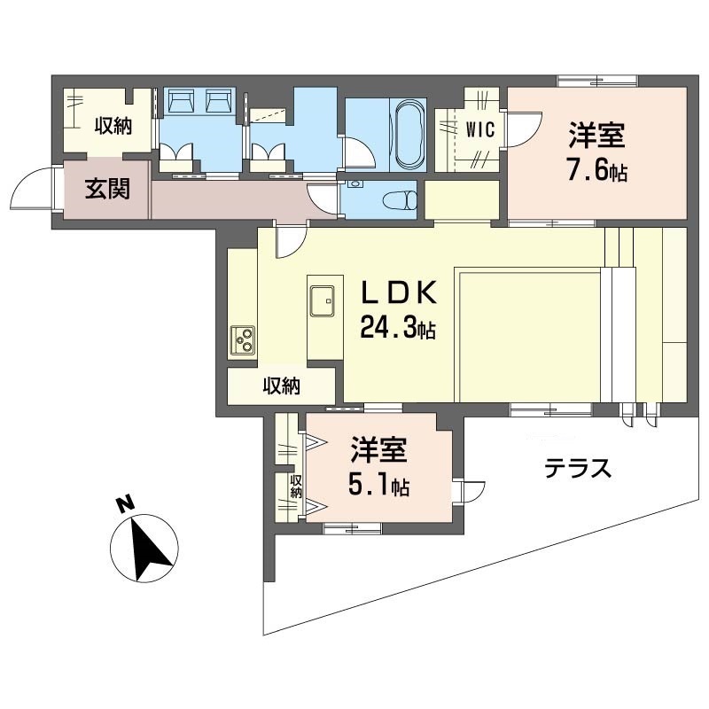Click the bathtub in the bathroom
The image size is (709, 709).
pos(410,134)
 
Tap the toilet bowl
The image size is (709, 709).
pos(400,200)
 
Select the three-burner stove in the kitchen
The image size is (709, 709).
pos(243,340)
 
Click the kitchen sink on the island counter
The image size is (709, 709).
pos(322,301)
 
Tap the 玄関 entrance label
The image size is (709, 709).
pos(107,189)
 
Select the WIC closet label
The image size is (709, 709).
pos(480,130)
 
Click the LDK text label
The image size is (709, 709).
pos(398,292)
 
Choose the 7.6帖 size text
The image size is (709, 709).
pos(597,170)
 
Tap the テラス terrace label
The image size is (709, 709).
pos(578,469)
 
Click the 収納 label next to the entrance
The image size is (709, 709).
pos(113,125)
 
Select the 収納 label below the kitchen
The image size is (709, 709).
pos(282,386)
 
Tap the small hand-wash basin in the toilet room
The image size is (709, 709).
pos(357,184)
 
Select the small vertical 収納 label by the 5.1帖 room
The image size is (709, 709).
pos(296,487)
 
